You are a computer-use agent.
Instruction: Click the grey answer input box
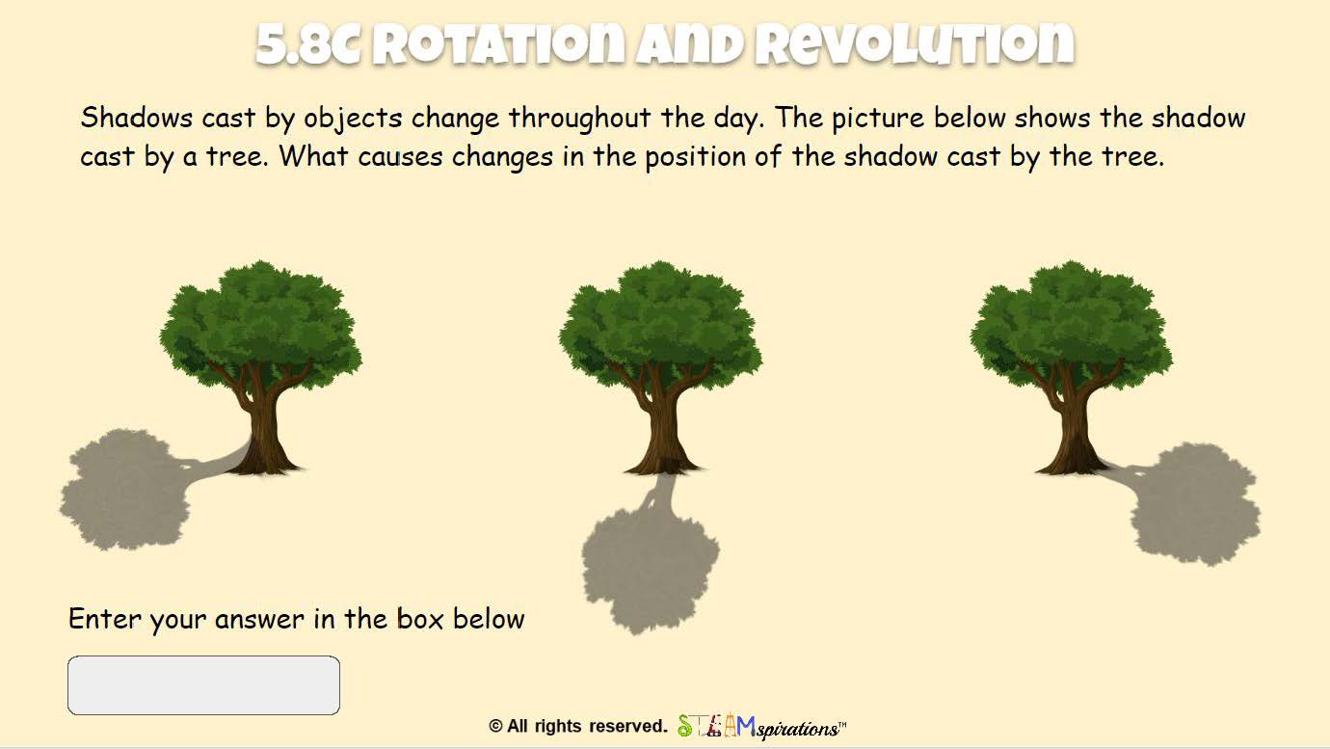pos(203,684)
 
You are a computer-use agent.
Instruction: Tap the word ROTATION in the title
pos(498,44)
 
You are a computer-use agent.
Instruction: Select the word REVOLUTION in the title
pos(915,44)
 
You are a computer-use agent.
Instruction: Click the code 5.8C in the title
pos(308,44)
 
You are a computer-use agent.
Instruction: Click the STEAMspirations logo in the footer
pos(761,727)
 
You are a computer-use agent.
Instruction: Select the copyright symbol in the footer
pos(495,727)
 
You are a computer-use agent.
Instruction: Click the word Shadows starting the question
pos(137,118)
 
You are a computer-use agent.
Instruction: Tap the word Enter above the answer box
pos(104,619)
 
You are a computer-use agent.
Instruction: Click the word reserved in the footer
pos(628,727)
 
